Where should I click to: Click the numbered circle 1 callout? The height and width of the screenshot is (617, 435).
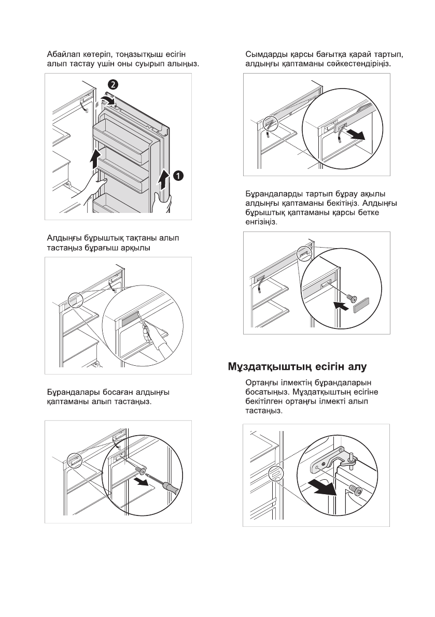(177, 176)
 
